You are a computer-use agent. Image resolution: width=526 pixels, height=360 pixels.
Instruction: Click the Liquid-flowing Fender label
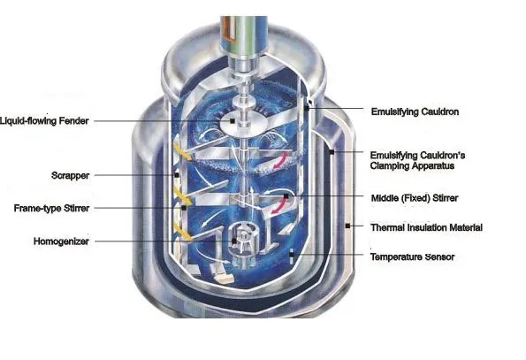tap(44, 121)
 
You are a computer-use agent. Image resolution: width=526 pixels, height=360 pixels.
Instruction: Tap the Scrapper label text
tap(70, 175)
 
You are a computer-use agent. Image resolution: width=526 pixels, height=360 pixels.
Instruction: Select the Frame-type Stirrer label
tap(51, 209)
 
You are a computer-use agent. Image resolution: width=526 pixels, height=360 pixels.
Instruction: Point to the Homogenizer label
tap(61, 241)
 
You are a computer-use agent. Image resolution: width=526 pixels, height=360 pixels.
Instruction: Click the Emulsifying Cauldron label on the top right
tap(415, 111)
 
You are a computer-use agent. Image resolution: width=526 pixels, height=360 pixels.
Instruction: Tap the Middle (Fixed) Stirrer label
tap(415, 198)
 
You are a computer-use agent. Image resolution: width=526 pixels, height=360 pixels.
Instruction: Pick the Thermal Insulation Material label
tap(426, 227)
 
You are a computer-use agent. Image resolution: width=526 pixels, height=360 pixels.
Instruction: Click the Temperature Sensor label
tap(412, 257)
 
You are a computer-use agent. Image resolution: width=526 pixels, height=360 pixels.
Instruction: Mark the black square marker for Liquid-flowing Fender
tap(233, 120)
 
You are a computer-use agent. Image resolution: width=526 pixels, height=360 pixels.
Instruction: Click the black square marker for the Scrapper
tap(177, 175)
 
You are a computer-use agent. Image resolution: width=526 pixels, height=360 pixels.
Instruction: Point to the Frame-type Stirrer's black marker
tap(184, 208)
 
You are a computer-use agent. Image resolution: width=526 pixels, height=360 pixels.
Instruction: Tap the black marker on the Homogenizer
tap(233, 241)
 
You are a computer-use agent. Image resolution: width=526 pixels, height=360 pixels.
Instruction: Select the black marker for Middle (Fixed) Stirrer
tap(286, 196)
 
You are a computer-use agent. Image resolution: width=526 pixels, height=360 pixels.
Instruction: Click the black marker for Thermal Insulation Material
tap(347, 226)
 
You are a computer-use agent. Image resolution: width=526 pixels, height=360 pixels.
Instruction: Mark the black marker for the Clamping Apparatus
tap(332, 152)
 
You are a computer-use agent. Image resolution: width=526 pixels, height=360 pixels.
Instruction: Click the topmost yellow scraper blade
tap(182, 151)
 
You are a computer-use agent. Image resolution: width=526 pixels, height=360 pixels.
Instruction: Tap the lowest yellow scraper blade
tap(182, 232)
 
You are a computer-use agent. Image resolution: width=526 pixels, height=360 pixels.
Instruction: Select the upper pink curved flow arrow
tap(281, 160)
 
